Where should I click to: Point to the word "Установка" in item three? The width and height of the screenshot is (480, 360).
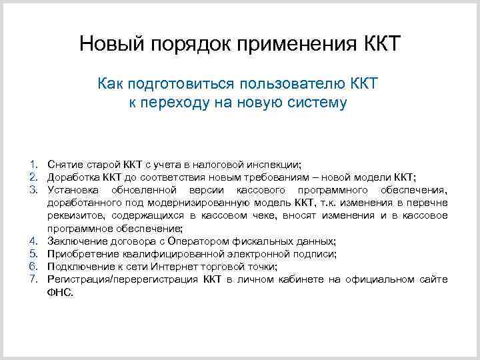[73, 189]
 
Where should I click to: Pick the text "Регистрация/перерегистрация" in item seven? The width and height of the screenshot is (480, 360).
[123, 279]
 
